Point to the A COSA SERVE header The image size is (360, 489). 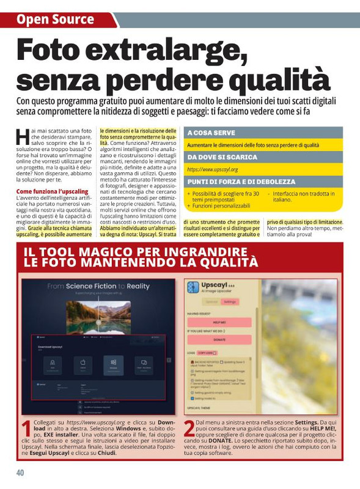pos(211,133)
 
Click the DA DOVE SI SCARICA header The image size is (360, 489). pos(222,157)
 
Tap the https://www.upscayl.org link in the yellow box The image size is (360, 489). pos(213,169)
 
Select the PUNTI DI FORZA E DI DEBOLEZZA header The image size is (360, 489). pos(241,182)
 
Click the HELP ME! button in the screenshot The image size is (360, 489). pos(219,322)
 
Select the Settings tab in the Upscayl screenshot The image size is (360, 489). pos(230,301)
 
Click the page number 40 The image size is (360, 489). pos(21,472)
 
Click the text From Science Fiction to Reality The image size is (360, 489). pos(98,286)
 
